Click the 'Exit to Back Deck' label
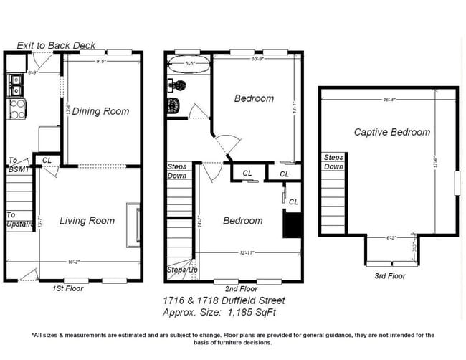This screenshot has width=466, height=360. click(x=56, y=45)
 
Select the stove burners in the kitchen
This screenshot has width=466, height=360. click(x=16, y=109)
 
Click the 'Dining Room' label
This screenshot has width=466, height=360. click(x=102, y=111)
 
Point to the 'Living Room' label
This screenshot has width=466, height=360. click(x=87, y=221)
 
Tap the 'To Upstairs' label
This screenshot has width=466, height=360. click(x=19, y=219)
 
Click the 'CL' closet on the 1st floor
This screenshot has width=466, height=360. click(x=47, y=161)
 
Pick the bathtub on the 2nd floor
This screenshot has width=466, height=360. click(x=189, y=67)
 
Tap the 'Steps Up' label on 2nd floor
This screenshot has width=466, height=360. click(x=181, y=270)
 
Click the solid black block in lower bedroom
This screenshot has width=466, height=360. click(x=292, y=227)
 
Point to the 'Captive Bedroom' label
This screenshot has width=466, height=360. click(x=392, y=132)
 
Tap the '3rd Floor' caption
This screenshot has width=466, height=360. click(x=391, y=276)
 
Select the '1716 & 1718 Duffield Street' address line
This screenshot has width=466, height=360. click(x=224, y=301)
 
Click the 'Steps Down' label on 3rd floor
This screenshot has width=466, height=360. click(x=333, y=162)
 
